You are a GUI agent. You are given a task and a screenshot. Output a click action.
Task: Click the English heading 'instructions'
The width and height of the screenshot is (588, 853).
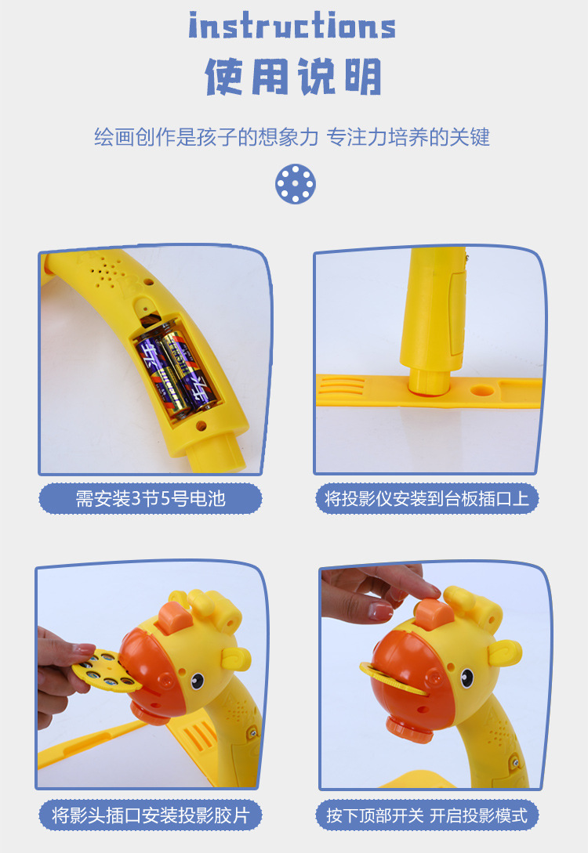[x=292, y=25]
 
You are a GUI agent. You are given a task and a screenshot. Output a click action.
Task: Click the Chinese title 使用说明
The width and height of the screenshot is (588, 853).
[x=293, y=77]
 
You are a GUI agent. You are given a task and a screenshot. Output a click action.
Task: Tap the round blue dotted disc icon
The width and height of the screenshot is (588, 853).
[x=295, y=183]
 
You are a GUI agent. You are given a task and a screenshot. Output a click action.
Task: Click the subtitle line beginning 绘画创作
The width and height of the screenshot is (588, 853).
[x=292, y=138]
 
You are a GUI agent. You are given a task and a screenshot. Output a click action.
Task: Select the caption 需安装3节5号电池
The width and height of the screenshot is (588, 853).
[x=151, y=499]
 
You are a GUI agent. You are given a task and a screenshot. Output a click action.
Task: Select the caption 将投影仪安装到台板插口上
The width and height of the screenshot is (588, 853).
[x=427, y=499]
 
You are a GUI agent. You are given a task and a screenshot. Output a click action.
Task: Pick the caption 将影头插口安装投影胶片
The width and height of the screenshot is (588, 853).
[x=151, y=815]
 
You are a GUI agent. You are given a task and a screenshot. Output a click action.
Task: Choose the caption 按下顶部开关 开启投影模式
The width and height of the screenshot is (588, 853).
[x=427, y=815]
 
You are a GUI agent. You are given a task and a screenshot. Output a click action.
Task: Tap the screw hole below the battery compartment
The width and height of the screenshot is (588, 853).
[x=201, y=427]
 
